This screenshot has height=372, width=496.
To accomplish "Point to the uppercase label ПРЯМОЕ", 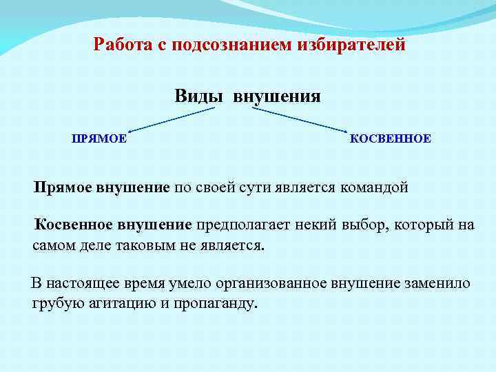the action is (99, 138).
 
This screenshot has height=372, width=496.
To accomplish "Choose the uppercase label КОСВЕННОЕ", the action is (391, 138).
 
